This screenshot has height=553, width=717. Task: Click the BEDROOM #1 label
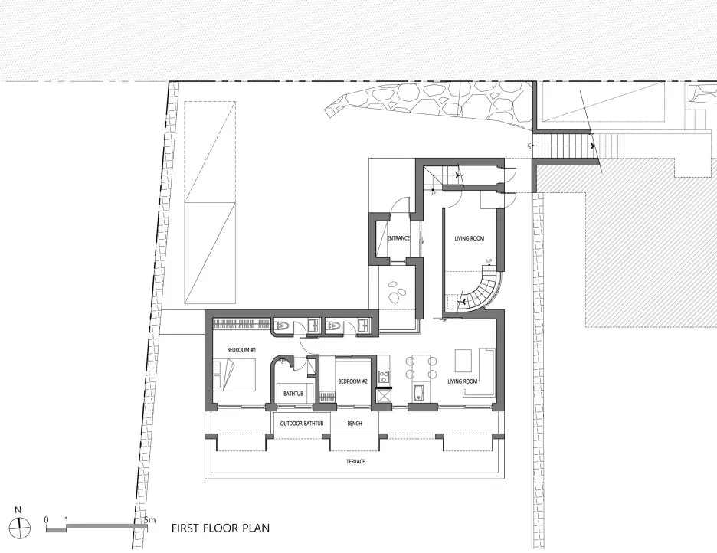tap(241, 350)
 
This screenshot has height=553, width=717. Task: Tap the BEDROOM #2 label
tap(354, 381)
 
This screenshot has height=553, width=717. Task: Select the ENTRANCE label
tap(398, 238)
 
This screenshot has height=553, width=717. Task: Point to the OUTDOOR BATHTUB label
tap(301, 424)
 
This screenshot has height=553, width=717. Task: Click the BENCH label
tap(354, 424)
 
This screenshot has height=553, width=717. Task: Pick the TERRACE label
tap(354, 462)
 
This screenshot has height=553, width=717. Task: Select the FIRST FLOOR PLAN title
tap(220, 528)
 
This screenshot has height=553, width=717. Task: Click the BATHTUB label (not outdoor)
tap(293, 394)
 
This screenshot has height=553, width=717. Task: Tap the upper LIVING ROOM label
tap(470, 239)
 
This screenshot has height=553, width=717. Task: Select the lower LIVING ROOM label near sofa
tap(463, 381)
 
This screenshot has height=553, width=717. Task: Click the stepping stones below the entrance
tap(398, 293)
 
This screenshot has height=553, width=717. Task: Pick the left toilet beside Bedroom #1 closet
tap(282, 326)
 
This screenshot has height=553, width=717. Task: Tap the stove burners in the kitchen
tap(383, 376)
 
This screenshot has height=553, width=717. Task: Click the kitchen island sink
tap(419, 394)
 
